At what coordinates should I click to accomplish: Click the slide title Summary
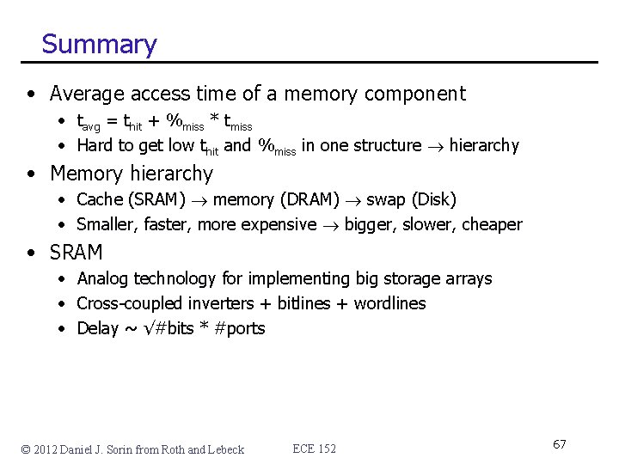coord(99,44)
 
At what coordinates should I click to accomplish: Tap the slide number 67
coord(559,444)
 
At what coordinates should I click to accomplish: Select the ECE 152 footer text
coord(315,449)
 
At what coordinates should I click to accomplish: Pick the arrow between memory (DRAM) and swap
coord(352,200)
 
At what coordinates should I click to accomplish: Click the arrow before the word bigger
coord(330,225)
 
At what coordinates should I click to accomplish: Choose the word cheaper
coord(492,224)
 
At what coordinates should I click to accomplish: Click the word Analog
coord(103,278)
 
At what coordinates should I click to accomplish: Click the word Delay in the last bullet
coord(97,328)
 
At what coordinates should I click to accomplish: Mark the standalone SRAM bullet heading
coord(77,253)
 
